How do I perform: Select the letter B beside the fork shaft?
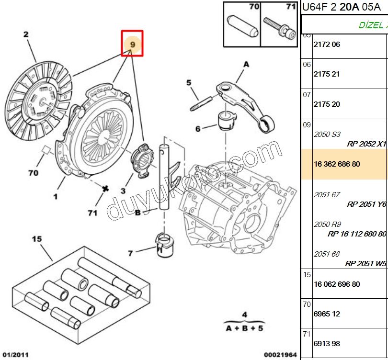point(137,213)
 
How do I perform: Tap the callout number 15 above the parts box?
point(37,238)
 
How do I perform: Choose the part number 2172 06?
point(327,45)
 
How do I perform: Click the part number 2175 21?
point(327,74)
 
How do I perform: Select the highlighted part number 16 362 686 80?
point(337,164)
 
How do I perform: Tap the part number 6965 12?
point(327,314)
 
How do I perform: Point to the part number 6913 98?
point(327,344)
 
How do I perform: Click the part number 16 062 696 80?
point(337,284)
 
